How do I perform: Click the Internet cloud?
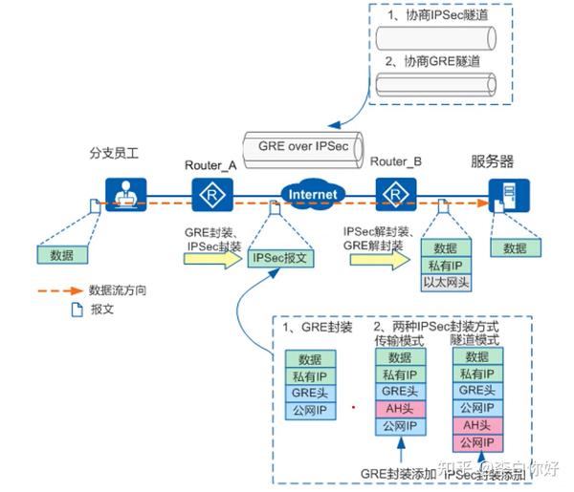313,194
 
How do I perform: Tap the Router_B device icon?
393,195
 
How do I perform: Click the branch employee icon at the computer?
122,196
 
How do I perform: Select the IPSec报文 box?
277,259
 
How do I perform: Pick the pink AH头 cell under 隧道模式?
477,426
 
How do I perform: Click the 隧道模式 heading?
477,340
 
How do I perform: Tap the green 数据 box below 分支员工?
62,255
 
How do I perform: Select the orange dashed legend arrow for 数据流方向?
59,289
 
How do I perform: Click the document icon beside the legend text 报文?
77,310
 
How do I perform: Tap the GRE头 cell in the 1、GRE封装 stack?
310,394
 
